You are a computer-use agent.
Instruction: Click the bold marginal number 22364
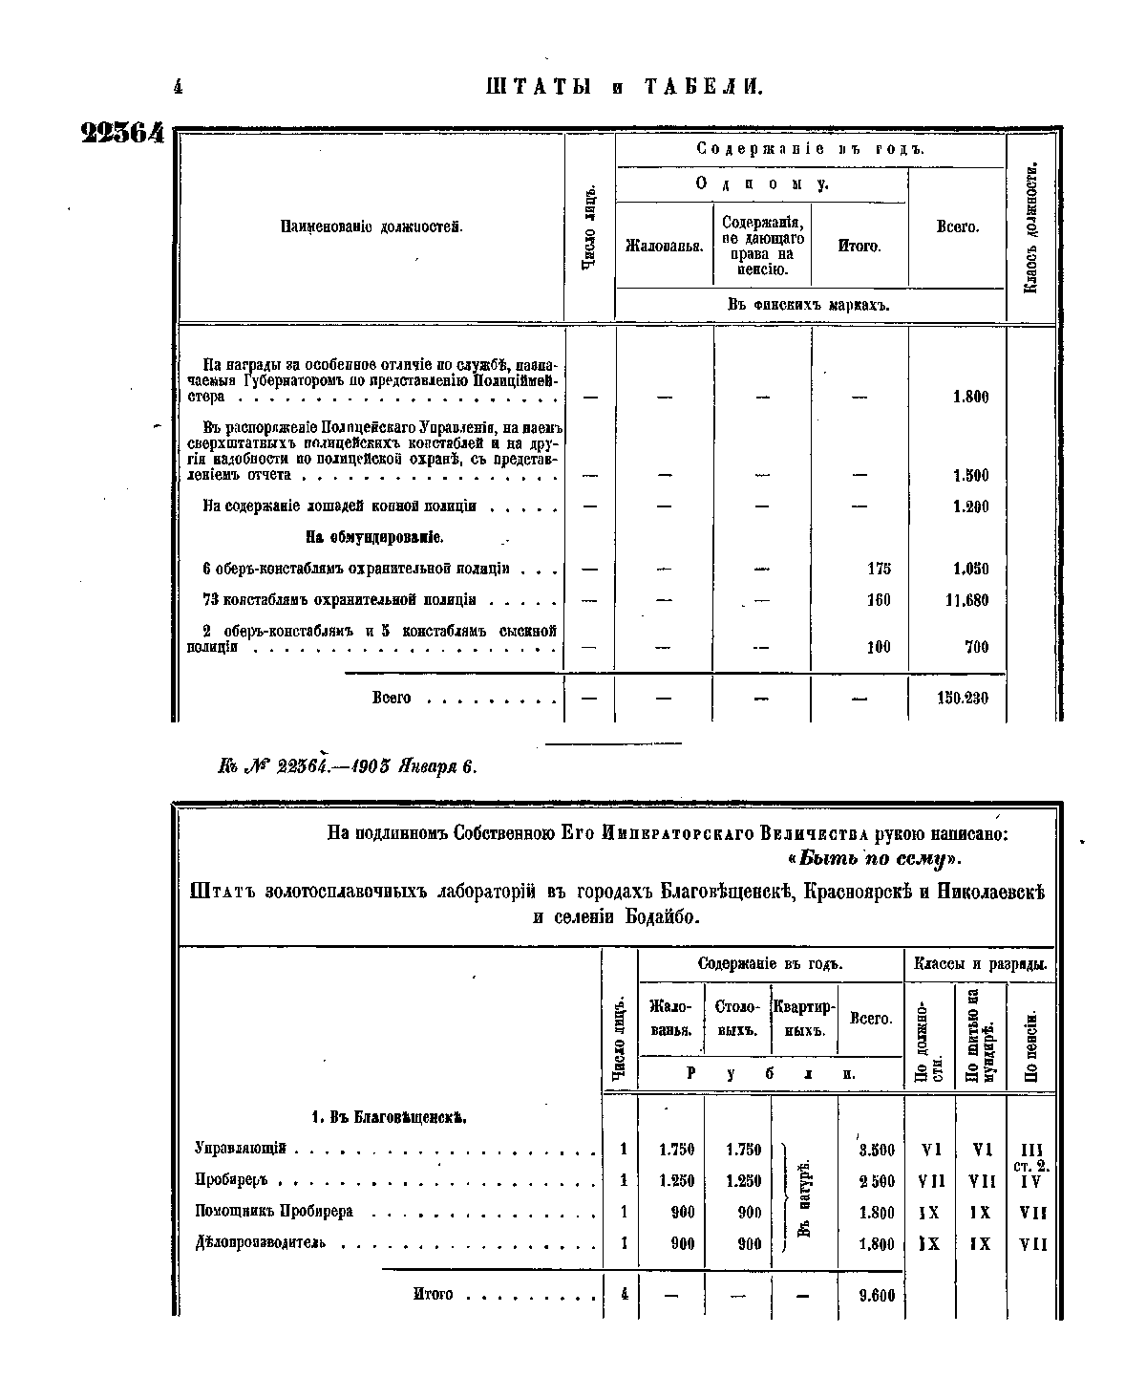tap(123, 134)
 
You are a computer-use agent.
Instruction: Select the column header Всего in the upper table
tap(957, 228)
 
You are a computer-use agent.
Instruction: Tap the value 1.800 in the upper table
tap(970, 398)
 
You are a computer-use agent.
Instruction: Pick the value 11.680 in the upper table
tap(968, 600)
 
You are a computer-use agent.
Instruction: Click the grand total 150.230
tap(963, 699)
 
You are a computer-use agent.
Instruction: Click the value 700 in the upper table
tap(975, 648)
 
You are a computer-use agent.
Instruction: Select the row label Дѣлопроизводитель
tap(261, 1243)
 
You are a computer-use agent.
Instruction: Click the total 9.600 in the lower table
tap(876, 1296)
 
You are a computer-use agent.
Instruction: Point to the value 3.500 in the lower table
tap(877, 1151)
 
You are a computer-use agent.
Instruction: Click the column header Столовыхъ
tap(736, 1019)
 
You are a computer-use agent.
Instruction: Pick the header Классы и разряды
tap(980, 964)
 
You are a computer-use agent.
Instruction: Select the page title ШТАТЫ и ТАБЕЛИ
tap(624, 88)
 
